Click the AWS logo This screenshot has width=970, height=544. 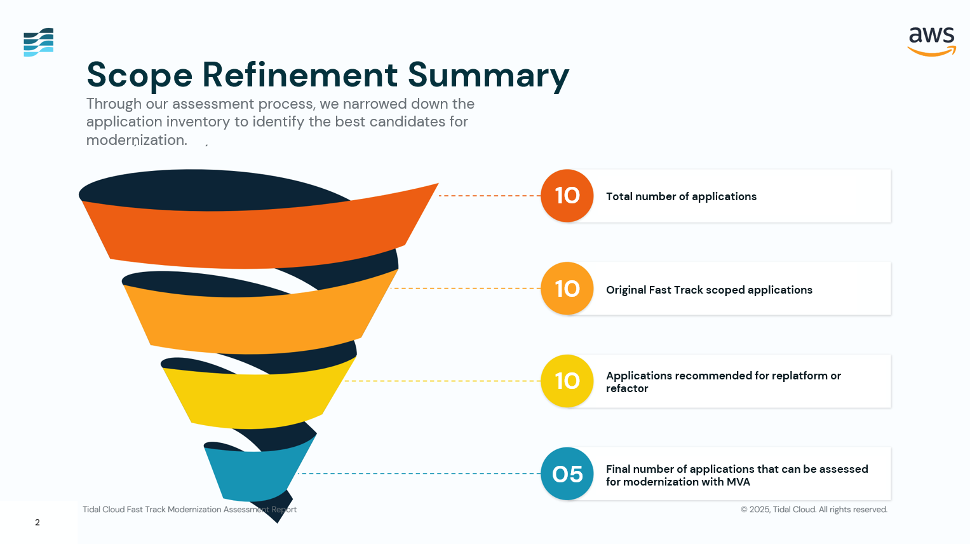931,41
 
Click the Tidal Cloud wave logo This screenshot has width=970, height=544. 38,42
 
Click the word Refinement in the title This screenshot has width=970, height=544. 300,75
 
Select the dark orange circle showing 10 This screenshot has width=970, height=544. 567,196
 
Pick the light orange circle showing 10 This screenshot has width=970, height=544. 567,289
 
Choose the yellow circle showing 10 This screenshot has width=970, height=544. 567,381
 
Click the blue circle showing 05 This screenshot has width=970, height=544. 567,474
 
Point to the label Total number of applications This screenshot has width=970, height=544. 681,196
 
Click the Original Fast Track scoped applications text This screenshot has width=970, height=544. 709,290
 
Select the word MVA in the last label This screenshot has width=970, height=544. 738,482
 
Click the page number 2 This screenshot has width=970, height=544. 37,522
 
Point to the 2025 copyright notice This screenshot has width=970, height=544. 814,510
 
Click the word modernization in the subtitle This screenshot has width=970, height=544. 137,140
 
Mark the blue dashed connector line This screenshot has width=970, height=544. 419,473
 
